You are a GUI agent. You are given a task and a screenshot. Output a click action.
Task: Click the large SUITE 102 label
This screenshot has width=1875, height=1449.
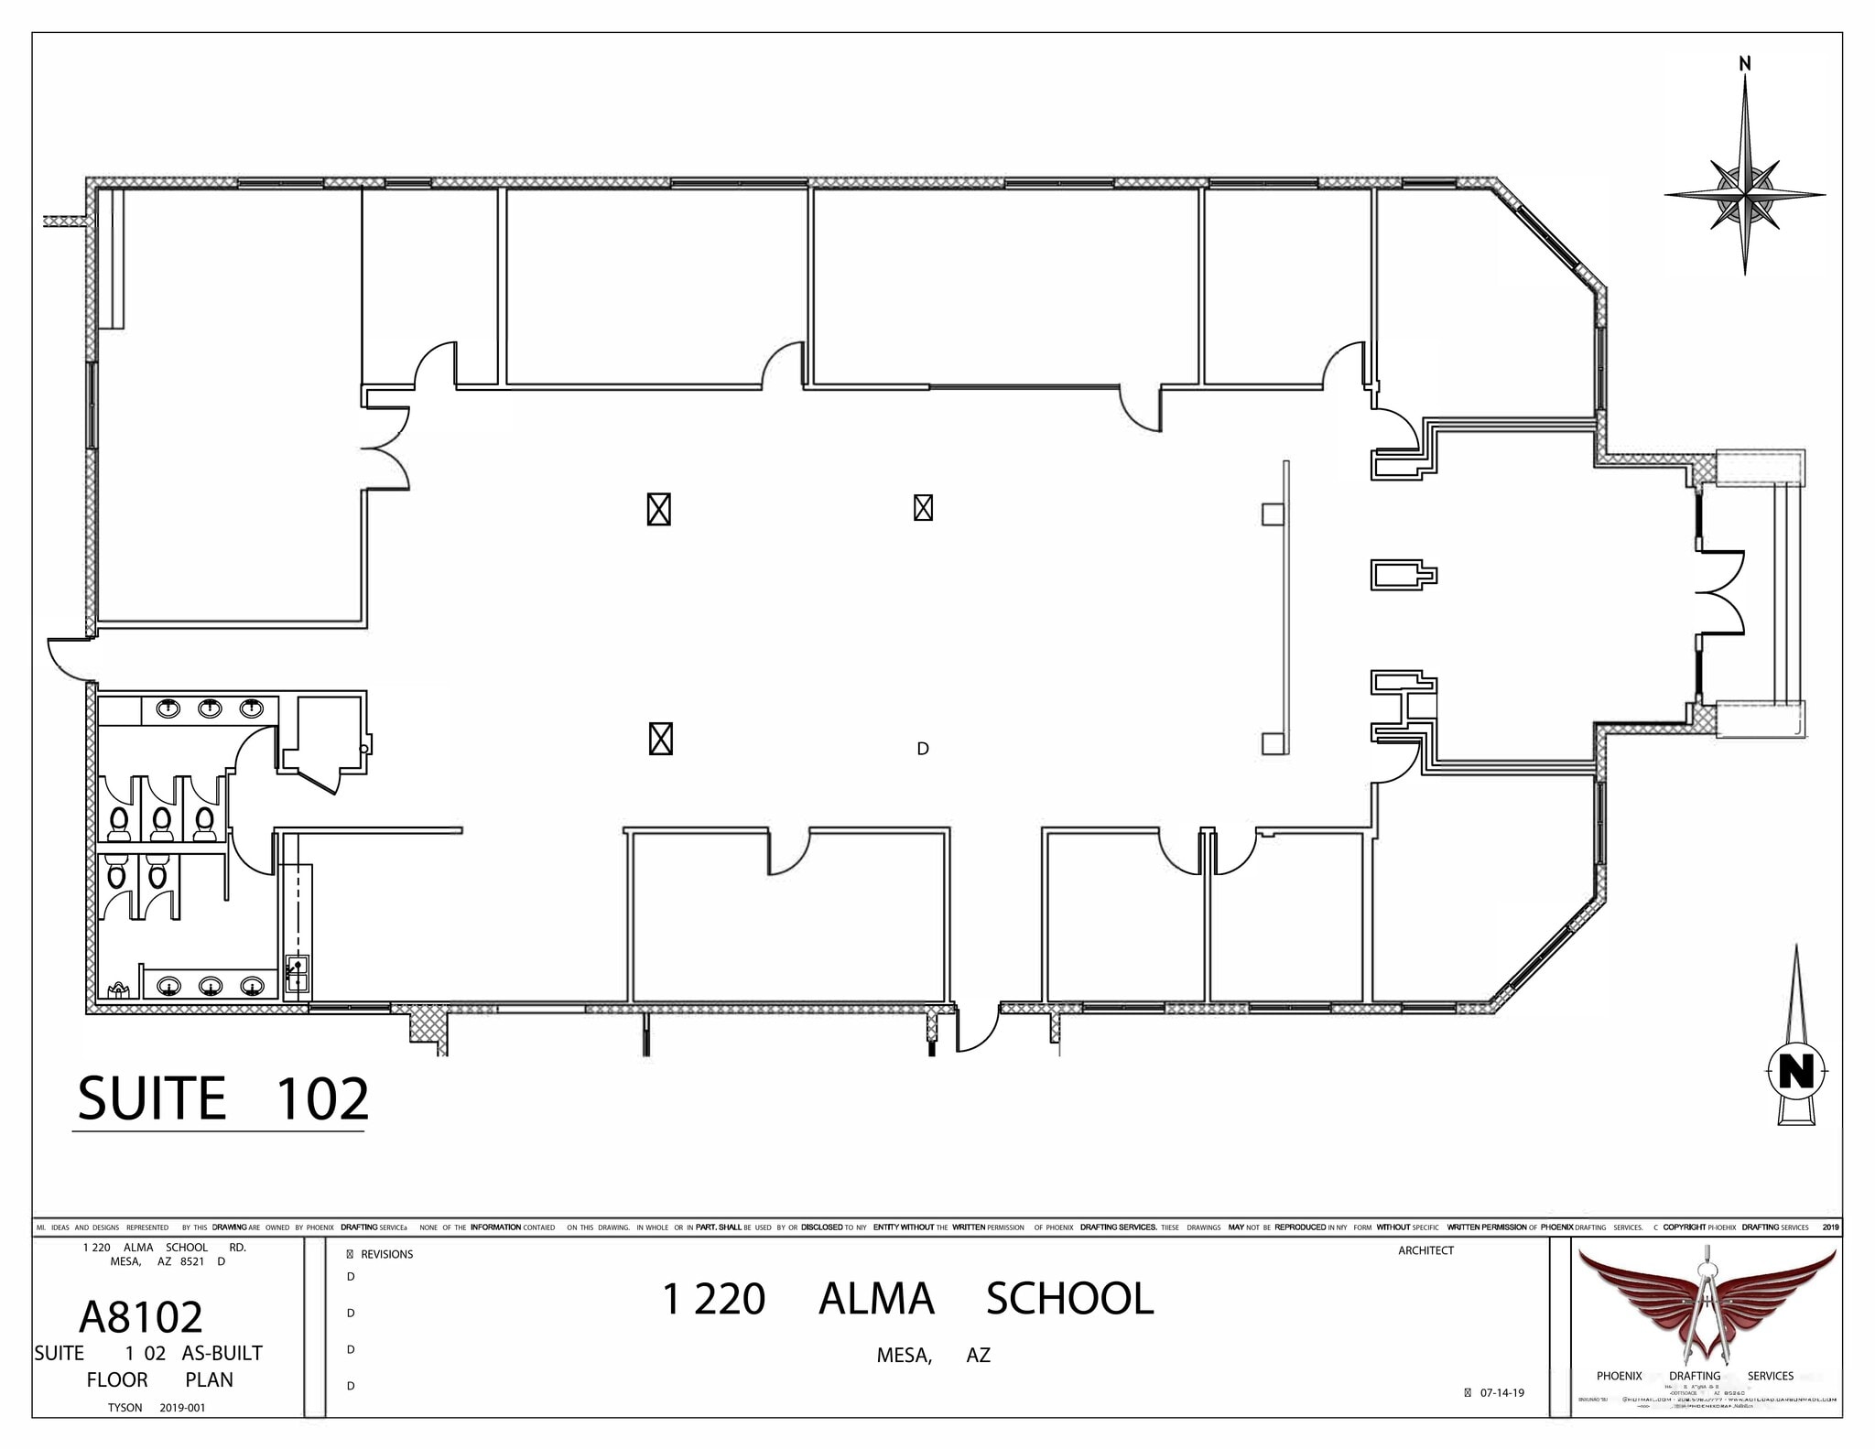pyautogui.click(x=222, y=1098)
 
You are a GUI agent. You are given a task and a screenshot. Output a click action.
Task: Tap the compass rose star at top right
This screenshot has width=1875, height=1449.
pyautogui.click(x=1745, y=194)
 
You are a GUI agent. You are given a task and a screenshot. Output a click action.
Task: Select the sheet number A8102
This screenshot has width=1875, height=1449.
pyautogui.click(x=141, y=1316)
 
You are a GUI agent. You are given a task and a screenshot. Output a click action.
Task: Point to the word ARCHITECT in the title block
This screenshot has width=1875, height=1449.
pyautogui.click(x=1425, y=1250)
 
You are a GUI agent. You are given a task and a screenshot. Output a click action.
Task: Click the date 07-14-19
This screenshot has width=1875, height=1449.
pyautogui.click(x=1501, y=1393)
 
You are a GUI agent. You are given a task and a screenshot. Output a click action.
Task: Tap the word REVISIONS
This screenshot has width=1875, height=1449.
pyautogui.click(x=386, y=1254)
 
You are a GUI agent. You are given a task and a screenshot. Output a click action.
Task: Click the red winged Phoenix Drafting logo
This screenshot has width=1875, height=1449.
pyautogui.click(x=1706, y=1303)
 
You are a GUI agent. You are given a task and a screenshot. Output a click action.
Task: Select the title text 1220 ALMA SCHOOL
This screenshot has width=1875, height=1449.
pyautogui.click(x=907, y=1299)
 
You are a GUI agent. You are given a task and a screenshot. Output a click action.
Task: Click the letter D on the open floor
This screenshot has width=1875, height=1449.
pyautogui.click(x=923, y=749)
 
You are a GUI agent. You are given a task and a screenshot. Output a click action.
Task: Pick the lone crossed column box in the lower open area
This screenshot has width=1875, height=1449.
pyautogui.click(x=660, y=739)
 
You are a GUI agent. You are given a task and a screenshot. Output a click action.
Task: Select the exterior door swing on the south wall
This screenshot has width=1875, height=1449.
pyautogui.click(x=978, y=1030)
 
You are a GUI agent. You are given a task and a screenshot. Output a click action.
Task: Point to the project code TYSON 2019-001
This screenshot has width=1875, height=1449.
pyautogui.click(x=157, y=1408)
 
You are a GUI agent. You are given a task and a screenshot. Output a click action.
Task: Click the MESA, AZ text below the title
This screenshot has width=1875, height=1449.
pyautogui.click(x=933, y=1356)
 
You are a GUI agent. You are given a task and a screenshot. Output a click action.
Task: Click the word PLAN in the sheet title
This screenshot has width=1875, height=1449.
pyautogui.click(x=209, y=1379)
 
